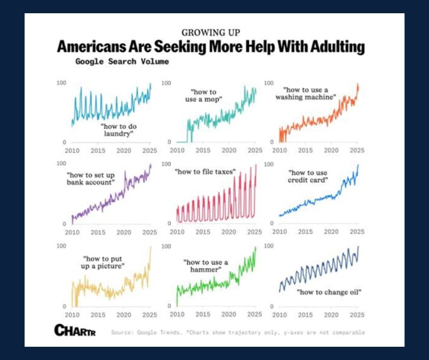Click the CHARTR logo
point(75,330)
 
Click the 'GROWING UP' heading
point(211,33)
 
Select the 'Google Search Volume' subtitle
point(122,62)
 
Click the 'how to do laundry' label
point(118,130)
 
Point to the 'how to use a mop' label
point(204,95)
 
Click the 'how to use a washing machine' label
point(305,94)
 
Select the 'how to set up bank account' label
point(91,179)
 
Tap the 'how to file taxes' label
point(205,172)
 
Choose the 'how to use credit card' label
point(308,176)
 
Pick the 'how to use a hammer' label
point(205,266)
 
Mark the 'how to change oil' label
point(329,292)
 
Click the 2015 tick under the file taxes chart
point(203,232)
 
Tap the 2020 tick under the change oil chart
point(331,315)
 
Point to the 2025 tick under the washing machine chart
point(357,150)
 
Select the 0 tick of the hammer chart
point(169,306)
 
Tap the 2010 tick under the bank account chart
point(72,233)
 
